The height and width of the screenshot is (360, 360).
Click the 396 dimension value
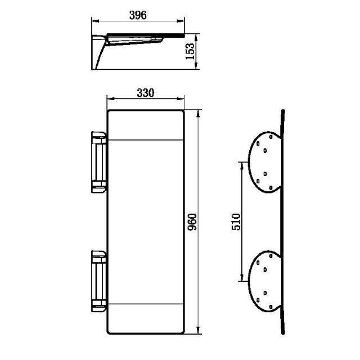[138, 15]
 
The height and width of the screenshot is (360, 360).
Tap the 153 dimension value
[191, 51]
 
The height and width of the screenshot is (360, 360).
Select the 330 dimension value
[145, 93]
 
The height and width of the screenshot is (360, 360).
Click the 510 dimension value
[236, 221]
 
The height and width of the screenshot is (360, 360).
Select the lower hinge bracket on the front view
[99, 281]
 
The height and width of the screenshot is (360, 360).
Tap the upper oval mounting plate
[265, 161]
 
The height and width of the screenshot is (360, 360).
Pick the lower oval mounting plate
[265, 281]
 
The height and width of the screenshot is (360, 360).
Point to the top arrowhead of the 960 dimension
[198, 112]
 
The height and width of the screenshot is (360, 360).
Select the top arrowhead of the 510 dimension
[242, 164]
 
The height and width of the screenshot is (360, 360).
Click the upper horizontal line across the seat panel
[145, 139]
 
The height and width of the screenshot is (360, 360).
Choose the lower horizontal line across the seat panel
[145, 303]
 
